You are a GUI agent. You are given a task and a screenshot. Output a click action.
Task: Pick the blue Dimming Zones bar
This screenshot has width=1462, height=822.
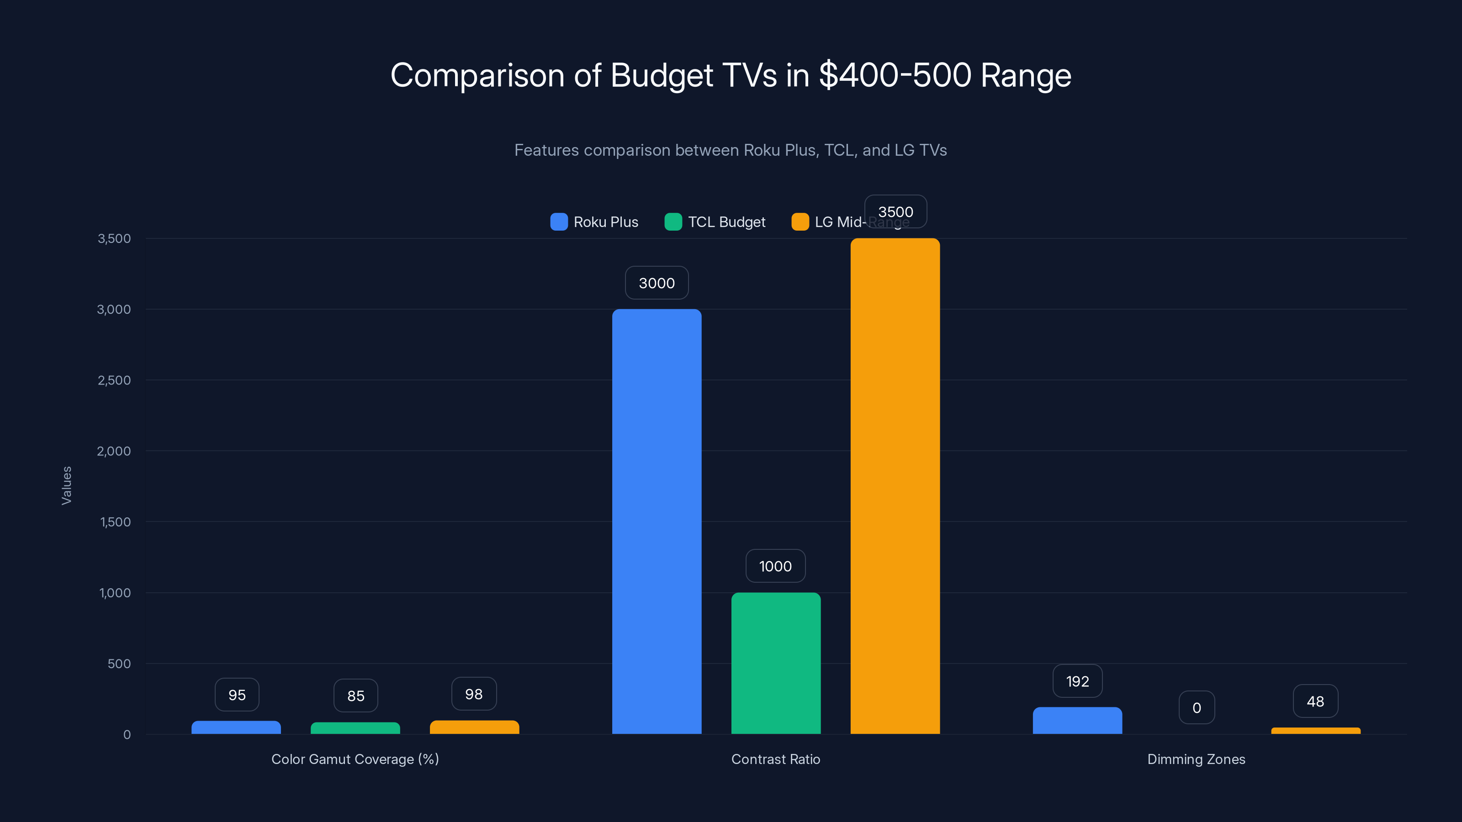[1077, 721]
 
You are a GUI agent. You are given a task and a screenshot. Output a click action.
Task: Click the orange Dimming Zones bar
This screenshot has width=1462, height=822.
[1316, 731]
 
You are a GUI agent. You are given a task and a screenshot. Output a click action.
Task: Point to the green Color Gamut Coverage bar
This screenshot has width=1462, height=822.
[355, 728]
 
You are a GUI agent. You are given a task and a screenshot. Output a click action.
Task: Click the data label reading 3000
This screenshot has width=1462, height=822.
[657, 283]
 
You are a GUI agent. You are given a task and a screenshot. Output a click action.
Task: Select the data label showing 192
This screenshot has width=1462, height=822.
[1077, 681]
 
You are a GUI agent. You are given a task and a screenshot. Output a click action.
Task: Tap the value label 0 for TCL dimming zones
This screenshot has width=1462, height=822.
[1197, 707]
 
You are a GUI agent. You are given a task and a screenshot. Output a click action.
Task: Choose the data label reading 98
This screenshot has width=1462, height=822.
[474, 694]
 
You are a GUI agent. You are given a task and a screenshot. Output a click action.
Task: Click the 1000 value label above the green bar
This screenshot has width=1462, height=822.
[775, 566]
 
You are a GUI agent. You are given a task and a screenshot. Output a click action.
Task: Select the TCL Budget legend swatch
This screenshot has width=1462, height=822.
[673, 222]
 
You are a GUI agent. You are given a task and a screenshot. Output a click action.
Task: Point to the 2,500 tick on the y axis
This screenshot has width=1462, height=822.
[114, 380]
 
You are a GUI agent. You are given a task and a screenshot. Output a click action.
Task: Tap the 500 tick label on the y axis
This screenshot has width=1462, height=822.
[119, 664]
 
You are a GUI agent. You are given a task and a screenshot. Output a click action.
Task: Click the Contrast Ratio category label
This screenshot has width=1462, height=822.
[775, 759]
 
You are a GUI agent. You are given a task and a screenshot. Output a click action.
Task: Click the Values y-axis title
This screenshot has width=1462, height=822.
[66, 485]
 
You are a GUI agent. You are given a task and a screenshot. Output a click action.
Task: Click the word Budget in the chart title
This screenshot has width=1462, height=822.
[662, 75]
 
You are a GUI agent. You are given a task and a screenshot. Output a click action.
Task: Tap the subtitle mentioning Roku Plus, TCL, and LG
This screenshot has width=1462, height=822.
[731, 150]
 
